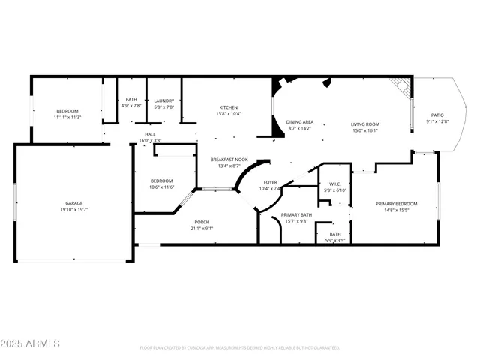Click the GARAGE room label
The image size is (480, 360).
point(73,203)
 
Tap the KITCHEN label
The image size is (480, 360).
point(229,107)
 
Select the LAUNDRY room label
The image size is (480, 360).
point(164,100)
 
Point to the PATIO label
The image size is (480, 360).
point(436,115)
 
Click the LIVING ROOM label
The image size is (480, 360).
point(365,124)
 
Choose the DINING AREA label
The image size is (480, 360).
point(299,122)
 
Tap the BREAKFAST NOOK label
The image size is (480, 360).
point(229,160)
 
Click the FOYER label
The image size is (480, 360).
point(270,182)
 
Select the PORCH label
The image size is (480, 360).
point(202,222)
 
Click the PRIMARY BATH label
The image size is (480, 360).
point(296,215)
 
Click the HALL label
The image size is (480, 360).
point(150,134)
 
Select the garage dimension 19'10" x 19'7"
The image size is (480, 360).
point(73,210)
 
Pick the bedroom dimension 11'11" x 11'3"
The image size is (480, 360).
point(67,118)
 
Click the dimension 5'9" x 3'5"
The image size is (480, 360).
point(335,241)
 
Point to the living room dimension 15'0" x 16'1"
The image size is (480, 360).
point(365,130)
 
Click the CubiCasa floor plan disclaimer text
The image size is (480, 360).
point(240,347)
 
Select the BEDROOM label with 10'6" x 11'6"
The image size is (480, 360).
point(161,181)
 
